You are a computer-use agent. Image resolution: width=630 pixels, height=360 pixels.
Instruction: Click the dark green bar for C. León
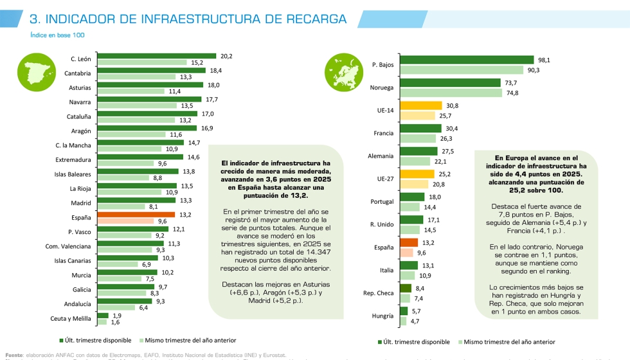click(156, 56)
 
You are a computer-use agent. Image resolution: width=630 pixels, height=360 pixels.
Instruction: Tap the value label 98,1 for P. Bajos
click(544, 60)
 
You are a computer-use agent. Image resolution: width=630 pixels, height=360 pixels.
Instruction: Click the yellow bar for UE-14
click(420, 105)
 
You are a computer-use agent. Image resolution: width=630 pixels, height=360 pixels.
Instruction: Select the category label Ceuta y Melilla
click(71, 318)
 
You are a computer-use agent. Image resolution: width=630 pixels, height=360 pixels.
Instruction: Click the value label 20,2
click(226, 56)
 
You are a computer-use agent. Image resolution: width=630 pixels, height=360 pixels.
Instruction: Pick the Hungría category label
click(382, 316)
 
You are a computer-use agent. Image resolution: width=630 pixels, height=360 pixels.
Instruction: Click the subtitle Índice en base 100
click(57, 35)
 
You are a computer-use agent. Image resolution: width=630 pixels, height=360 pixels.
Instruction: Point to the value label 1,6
click(115, 322)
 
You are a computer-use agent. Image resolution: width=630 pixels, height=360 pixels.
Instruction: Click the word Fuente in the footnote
click(14, 354)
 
